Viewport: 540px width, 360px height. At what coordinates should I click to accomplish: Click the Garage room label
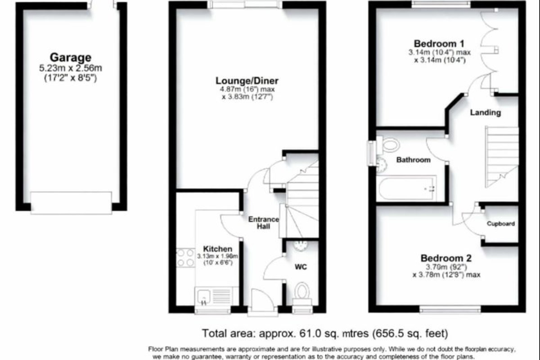pos(70,58)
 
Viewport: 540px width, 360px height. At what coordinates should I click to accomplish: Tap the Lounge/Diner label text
pos(247,81)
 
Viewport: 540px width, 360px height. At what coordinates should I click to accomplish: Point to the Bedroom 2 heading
pos(446,258)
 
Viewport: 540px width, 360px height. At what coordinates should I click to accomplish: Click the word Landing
pos(485,112)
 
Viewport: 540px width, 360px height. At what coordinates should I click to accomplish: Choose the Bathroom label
pos(413,160)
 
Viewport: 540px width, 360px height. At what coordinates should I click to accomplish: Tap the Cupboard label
pos(500,224)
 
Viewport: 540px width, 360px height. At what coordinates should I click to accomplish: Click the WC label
pos(301,267)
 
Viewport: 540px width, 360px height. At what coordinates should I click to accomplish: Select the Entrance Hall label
pos(263,223)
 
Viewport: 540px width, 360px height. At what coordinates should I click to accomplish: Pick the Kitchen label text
pos(218,249)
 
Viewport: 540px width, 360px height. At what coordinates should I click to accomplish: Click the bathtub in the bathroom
pos(407,189)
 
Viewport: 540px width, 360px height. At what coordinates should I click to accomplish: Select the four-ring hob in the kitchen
pos(185,258)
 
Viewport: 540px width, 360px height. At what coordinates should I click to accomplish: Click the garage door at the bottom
pos(71,203)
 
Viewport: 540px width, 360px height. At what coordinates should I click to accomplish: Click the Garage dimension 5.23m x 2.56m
pos(70,68)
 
